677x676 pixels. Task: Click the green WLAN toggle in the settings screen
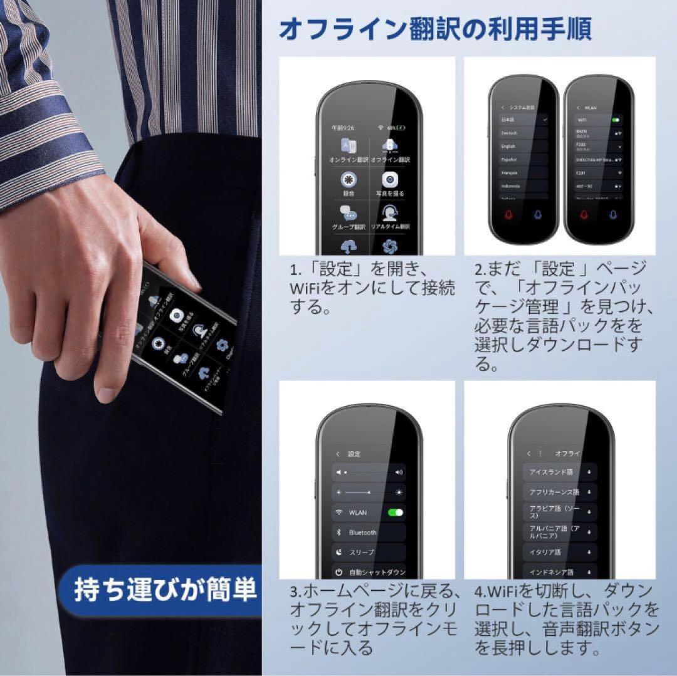tap(395, 512)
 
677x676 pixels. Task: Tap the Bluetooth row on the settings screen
tap(369, 533)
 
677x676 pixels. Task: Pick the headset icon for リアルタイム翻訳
tap(390, 213)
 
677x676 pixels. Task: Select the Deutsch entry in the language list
tap(524, 133)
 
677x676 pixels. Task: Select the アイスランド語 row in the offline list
tap(560, 472)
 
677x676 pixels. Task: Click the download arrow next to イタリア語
tap(589, 553)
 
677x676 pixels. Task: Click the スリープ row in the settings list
tap(369, 553)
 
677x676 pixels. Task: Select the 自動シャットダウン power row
tap(369, 572)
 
